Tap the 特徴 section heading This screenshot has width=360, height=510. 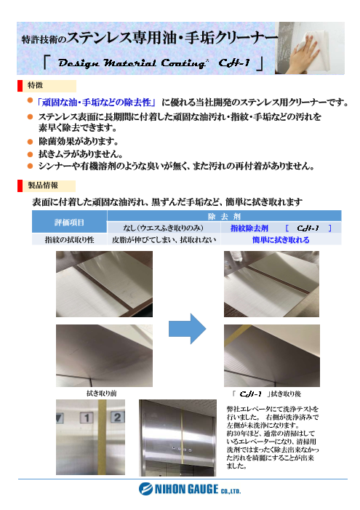point(36,86)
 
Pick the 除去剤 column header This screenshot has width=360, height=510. point(224,217)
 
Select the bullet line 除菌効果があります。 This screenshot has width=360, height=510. point(80,140)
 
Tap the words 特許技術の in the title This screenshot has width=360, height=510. point(43,36)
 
